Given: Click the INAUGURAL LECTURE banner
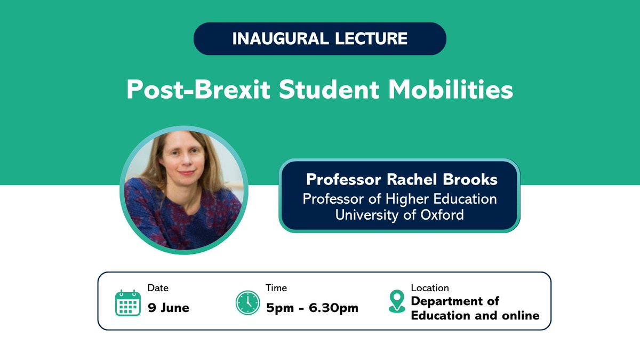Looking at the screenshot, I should [x=319, y=38].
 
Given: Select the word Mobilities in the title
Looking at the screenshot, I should [x=450, y=90].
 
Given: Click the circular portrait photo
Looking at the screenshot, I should [x=183, y=190].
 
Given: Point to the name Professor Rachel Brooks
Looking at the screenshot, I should [x=402, y=180].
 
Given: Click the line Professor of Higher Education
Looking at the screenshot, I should [x=399, y=199].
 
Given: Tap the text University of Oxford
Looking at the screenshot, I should [x=399, y=215].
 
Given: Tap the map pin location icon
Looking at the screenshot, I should [x=396, y=301].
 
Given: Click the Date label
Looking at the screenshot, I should [x=158, y=288].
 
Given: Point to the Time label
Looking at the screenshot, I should [x=276, y=288].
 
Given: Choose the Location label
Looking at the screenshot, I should [x=430, y=288].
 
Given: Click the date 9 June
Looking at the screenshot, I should [x=169, y=308].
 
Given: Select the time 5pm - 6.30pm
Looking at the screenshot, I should [x=312, y=308].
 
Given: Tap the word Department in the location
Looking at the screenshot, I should [x=448, y=301].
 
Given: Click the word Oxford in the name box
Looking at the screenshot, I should [x=441, y=215].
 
